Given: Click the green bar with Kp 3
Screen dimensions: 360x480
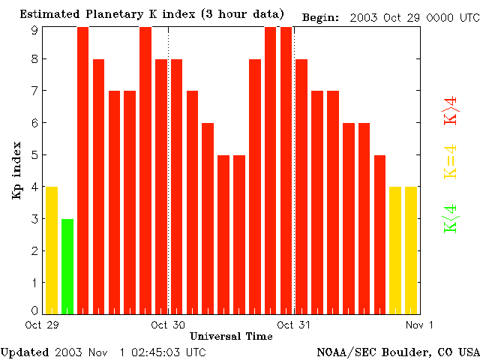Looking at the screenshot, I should coord(67,266).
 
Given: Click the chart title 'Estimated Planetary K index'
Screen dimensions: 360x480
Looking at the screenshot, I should coord(151,14).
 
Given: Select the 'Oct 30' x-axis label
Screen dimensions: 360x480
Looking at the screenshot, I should coord(168,325).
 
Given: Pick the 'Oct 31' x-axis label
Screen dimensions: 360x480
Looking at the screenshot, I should coord(294,325).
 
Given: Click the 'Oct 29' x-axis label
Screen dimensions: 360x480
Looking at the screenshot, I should coord(42,325).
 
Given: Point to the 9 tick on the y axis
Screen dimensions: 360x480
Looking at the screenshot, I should coord(34,30).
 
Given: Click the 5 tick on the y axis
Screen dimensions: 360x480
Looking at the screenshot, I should coord(34,155).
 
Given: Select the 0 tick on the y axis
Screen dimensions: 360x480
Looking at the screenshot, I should coord(34,310).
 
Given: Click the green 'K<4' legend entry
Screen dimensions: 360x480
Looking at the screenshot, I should coord(451,219).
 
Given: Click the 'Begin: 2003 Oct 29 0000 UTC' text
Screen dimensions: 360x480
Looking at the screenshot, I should coord(390,16).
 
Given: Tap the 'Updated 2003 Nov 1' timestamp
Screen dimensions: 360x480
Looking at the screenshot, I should coord(103,352).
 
